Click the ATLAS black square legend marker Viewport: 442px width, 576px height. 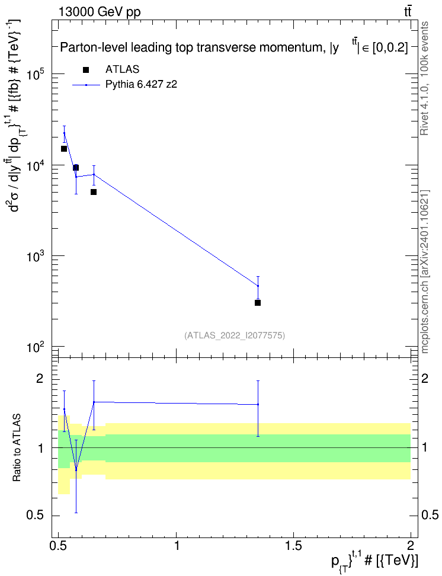(x=86, y=70)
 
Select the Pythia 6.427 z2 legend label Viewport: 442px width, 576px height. (x=141, y=85)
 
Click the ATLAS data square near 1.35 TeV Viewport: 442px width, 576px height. (x=258, y=303)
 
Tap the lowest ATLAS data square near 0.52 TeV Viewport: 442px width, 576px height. (x=64, y=149)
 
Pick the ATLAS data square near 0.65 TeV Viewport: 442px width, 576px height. (x=94, y=192)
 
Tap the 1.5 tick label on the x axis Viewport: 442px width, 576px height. (x=293, y=545)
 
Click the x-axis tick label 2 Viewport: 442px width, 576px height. (x=411, y=545)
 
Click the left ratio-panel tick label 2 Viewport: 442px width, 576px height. (x=40, y=379)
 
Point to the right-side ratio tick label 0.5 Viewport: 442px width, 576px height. (x=430, y=516)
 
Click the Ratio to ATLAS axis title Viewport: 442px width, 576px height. (x=17, y=448)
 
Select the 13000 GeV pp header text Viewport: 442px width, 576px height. (x=99, y=12)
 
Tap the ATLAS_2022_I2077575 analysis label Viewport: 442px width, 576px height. (x=235, y=335)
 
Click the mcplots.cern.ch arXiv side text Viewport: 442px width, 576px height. (x=425, y=271)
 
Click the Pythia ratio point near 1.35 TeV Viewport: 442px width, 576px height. (x=258, y=405)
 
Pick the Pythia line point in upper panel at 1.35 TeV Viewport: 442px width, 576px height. (x=258, y=286)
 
